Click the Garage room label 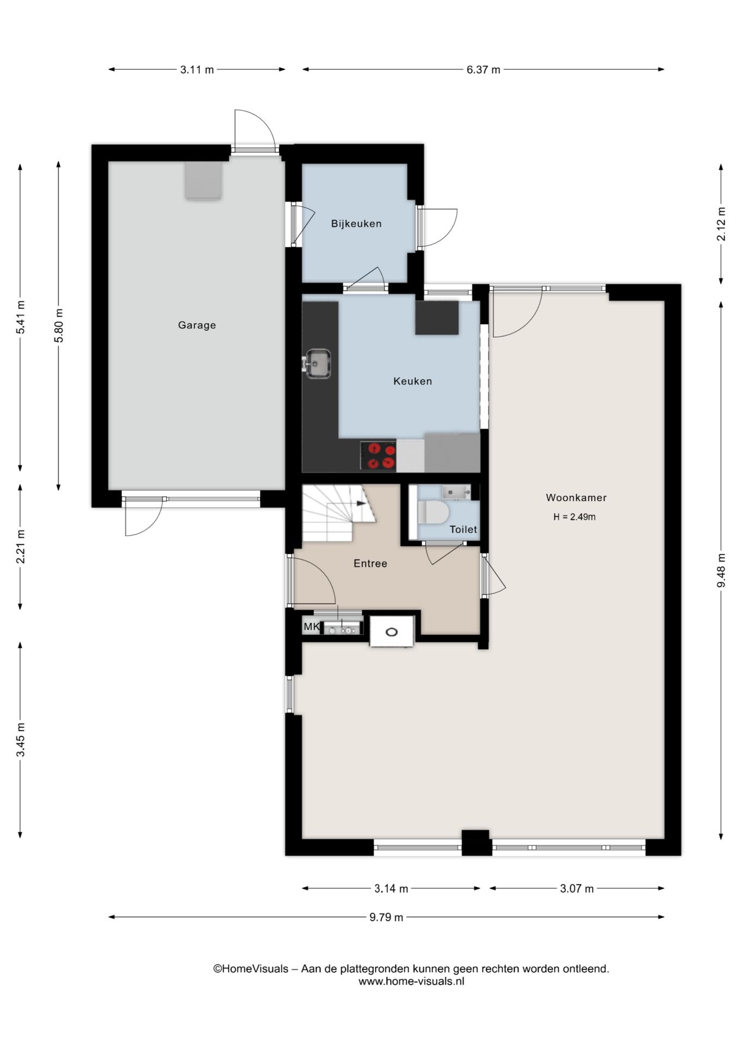click(197, 325)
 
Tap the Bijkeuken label click(356, 224)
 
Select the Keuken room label click(413, 382)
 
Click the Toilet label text click(463, 529)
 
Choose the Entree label click(370, 563)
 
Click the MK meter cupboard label click(312, 627)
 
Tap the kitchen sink click(317, 364)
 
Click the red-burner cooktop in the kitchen click(378, 456)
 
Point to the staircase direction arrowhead click(361, 504)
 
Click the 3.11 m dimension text click(197, 70)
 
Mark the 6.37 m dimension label click(483, 70)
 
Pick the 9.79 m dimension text click(386, 917)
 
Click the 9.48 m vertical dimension click(721, 570)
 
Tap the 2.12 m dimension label click(721, 224)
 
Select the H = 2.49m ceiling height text click(574, 517)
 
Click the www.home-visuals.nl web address click(411, 981)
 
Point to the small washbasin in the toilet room click(457, 492)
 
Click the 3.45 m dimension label click(21, 740)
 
